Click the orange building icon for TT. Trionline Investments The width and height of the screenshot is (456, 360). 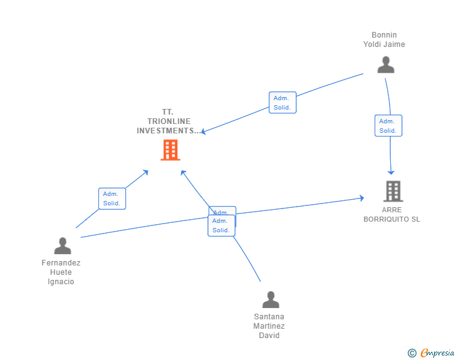[x=170, y=150]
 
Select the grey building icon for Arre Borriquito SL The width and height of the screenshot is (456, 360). [x=393, y=191]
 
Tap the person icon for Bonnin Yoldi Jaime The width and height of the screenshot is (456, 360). [x=386, y=64]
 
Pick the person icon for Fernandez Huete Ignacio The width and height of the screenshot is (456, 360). [x=63, y=245]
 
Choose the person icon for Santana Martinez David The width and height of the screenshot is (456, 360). [x=271, y=299]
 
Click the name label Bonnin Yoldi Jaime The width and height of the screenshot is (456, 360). [x=384, y=39]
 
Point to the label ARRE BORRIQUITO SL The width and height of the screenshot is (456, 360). [x=391, y=215]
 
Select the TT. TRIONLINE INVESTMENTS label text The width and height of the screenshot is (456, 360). [x=169, y=121]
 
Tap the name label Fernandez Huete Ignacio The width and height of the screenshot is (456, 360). [x=61, y=272]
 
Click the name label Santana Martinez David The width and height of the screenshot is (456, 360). [x=269, y=326]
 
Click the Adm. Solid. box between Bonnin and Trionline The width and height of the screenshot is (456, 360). [x=282, y=103]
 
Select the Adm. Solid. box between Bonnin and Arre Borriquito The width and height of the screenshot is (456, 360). [x=388, y=126]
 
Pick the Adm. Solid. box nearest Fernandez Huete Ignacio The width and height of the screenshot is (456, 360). [x=112, y=198]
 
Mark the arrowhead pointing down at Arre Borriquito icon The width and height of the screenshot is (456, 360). [x=391, y=172]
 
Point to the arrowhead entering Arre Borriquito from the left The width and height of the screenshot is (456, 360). [x=361, y=198]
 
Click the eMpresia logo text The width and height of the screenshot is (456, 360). [x=437, y=353]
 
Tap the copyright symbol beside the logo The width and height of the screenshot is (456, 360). [x=412, y=353]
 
